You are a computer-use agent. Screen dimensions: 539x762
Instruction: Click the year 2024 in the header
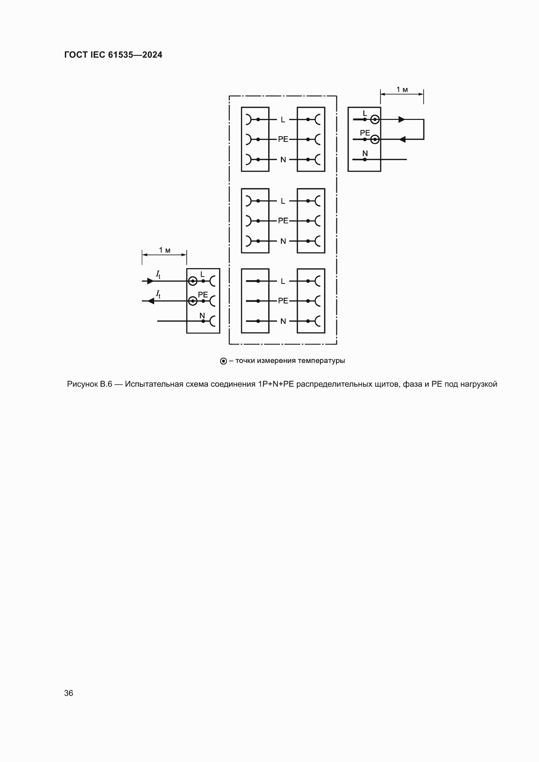[x=152, y=55]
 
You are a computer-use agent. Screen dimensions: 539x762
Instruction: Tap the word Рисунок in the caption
[x=82, y=384]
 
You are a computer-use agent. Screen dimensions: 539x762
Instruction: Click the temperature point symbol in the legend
[x=223, y=361]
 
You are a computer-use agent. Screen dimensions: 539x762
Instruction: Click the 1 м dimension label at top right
[x=402, y=90]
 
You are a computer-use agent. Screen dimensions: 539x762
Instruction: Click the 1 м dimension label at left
[x=164, y=250]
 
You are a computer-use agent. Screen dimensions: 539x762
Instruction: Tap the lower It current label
[x=158, y=294]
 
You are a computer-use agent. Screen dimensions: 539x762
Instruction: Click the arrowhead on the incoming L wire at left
[x=150, y=281]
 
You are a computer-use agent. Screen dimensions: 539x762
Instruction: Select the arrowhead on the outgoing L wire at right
[x=401, y=120]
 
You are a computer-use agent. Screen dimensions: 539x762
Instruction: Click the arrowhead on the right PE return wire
[x=402, y=139]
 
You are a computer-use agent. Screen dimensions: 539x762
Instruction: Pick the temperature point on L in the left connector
[x=193, y=281]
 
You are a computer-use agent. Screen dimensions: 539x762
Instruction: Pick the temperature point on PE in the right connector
[x=375, y=139]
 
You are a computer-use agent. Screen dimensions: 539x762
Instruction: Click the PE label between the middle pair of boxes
[x=283, y=221]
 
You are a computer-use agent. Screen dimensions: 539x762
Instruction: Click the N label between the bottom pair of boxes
[x=283, y=321]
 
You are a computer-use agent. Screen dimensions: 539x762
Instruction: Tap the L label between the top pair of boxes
[x=283, y=120]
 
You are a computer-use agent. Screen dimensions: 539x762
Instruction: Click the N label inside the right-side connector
[x=365, y=154]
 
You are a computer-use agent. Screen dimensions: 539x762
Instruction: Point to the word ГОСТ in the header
[x=76, y=55]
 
